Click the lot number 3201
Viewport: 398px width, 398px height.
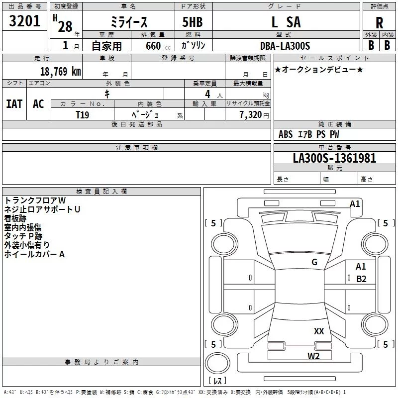(x=25, y=21)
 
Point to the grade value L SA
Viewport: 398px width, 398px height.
(x=286, y=22)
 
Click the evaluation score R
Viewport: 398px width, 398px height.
(x=379, y=23)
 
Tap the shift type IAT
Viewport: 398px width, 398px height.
(x=14, y=104)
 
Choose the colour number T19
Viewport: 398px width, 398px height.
(x=83, y=114)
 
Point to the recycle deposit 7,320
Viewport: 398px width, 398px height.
(x=250, y=115)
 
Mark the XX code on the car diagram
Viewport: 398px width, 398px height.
(x=319, y=331)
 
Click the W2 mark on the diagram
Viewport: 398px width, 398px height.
(x=313, y=356)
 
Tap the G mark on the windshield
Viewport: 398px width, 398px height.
(x=314, y=262)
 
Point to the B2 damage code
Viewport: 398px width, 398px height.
(x=361, y=279)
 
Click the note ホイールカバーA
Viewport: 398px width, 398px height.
(x=34, y=254)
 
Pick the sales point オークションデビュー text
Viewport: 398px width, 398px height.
(x=319, y=69)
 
